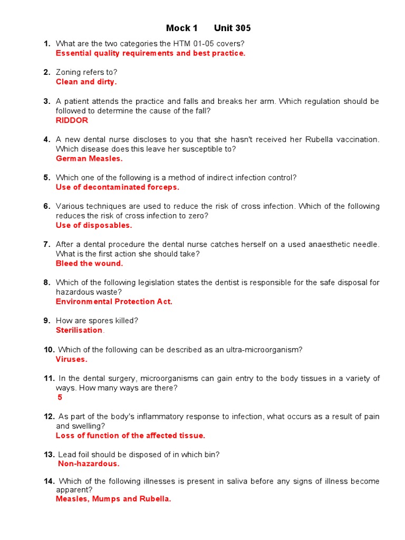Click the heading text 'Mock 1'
181,28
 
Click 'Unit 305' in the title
232,28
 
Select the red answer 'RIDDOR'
72,120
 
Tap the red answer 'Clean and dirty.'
86,82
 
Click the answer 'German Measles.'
89,158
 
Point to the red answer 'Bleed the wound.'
89,263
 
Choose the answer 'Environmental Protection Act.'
114,302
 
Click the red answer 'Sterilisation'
79,330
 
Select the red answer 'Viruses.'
72,359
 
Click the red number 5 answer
60,398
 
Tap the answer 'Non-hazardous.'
89,464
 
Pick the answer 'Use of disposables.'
94,225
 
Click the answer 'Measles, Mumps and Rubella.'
113,499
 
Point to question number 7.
47,244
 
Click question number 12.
49,417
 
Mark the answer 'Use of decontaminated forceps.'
118,187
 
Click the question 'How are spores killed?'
97,321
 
